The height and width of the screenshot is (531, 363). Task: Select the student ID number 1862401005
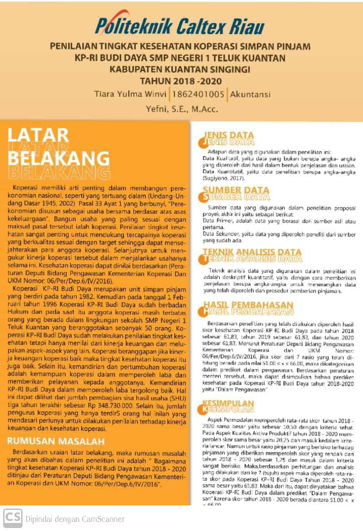(x=198, y=94)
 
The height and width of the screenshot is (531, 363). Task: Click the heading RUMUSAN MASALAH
(x=56, y=441)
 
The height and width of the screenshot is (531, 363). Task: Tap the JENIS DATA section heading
(x=229, y=136)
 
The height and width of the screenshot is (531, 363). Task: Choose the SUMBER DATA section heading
(x=236, y=191)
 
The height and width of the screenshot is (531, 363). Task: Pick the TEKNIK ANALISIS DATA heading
(x=252, y=253)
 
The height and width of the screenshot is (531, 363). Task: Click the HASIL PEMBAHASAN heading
(x=248, y=305)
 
